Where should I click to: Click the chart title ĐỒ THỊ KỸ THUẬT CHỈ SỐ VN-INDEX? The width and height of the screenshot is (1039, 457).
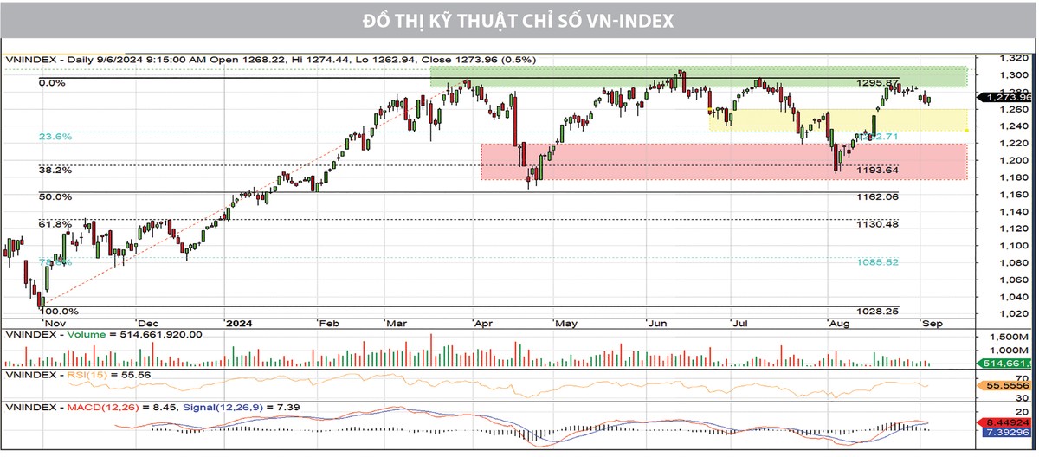click(x=519, y=19)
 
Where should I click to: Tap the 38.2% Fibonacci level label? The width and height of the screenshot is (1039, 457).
click(x=55, y=171)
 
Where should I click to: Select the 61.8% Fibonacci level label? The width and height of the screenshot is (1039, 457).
click(x=55, y=224)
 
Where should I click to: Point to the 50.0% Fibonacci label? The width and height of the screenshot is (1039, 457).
click(x=55, y=197)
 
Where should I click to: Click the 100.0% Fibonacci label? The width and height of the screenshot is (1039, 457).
click(x=59, y=311)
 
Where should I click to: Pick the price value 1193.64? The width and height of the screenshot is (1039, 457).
click(x=877, y=171)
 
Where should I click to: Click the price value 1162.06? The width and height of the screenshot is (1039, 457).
click(x=877, y=197)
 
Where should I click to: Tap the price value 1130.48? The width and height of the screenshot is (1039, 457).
click(x=877, y=224)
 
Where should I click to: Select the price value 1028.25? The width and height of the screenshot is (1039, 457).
click(x=877, y=311)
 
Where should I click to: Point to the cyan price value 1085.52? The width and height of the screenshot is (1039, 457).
click(x=877, y=262)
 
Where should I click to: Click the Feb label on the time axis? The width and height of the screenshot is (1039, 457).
click(x=330, y=323)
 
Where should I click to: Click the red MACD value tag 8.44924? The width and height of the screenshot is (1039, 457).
click(x=1004, y=422)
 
